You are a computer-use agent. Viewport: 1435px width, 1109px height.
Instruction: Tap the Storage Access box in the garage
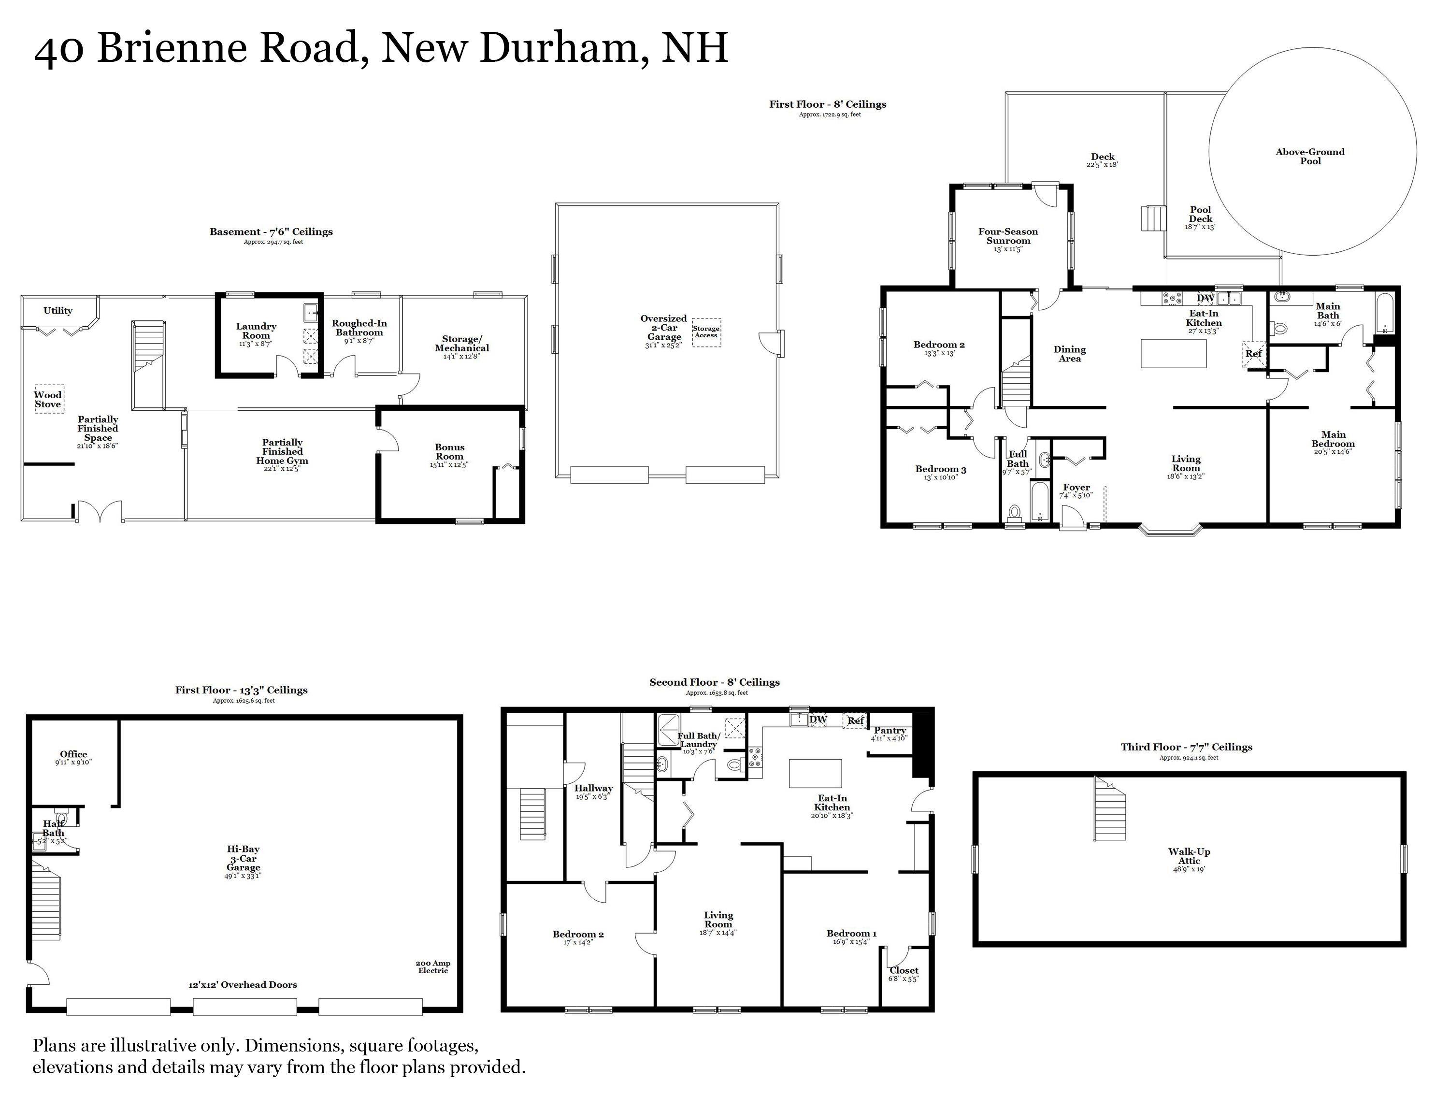click(706, 332)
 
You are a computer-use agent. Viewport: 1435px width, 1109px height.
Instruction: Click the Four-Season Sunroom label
click(1008, 236)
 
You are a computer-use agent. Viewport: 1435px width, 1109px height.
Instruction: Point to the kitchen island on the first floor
click(1174, 353)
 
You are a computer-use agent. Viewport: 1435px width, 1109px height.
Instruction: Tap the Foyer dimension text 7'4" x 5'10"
click(1076, 495)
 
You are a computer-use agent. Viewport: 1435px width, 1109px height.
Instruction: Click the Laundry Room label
click(256, 331)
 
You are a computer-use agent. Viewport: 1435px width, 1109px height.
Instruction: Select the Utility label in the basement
click(58, 311)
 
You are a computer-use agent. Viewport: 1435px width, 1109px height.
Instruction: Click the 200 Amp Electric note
click(433, 966)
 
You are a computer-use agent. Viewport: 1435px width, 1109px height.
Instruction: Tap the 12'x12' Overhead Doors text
click(243, 985)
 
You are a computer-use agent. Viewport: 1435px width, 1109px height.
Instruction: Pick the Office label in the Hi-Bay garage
click(73, 754)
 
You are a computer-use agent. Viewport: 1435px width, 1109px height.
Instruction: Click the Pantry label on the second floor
click(890, 731)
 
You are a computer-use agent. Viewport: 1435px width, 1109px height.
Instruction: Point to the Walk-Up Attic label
click(1189, 856)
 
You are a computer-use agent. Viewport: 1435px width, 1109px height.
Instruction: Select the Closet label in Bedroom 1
click(904, 970)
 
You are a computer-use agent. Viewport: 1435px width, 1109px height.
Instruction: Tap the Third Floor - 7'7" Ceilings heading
click(1186, 747)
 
